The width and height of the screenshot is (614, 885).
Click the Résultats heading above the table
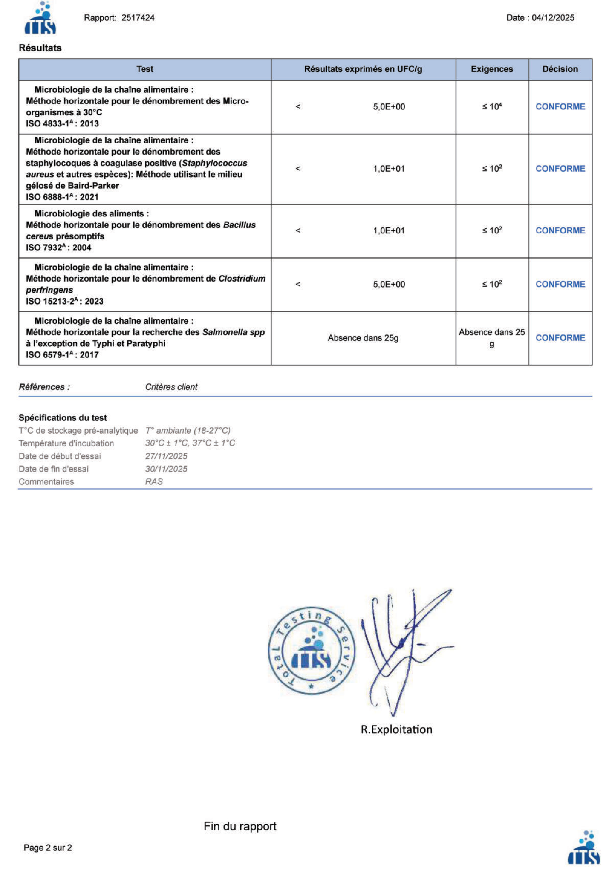[x=40, y=48]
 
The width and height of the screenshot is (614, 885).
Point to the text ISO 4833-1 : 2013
[x=62, y=124]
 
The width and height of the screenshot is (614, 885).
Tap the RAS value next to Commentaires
[x=154, y=482]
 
